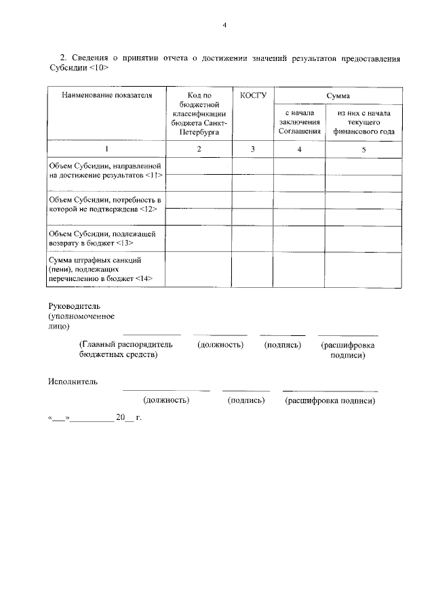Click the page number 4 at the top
coord(224,25)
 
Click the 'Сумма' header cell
coord(338,96)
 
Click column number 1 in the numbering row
coord(106,148)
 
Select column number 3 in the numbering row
coord(252,148)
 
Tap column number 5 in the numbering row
coord(363,148)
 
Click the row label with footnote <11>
coord(106,170)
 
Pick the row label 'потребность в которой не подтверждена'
coord(104,205)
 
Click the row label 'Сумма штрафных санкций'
coord(98,269)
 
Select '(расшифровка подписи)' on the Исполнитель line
coord(330,400)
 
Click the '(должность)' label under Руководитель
coord(220,345)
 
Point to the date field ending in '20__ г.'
coord(94,417)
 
